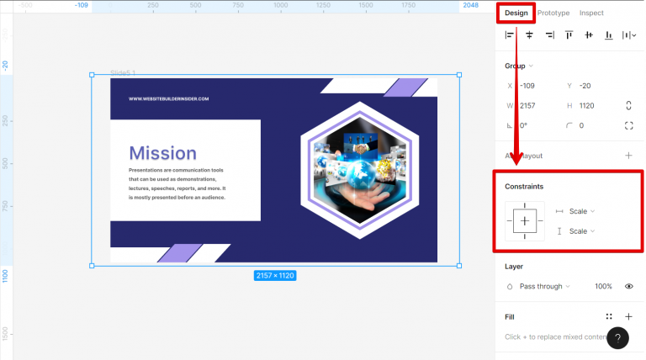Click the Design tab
pos(516,13)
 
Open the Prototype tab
pos(553,13)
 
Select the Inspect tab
pos(591,13)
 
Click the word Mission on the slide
pos(162,153)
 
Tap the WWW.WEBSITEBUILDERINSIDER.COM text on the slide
pos(168,98)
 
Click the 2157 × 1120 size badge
pos(275,275)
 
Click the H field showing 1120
pos(589,105)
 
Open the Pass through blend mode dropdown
pos(543,286)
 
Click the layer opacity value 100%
pos(603,286)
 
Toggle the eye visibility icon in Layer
pos(628,286)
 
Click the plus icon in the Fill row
pos(628,317)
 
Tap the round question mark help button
pos(617,338)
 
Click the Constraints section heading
pos(524,186)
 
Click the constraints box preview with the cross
pos(525,221)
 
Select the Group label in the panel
pos(515,66)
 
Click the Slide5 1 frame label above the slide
pos(123,73)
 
